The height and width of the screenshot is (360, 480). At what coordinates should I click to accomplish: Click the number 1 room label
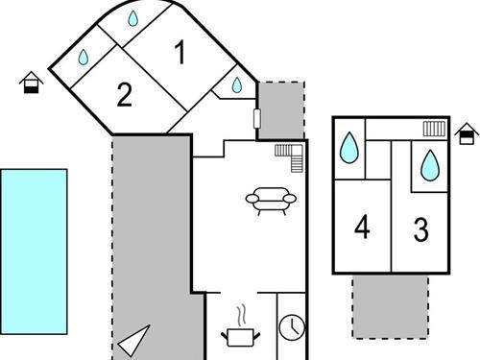180,54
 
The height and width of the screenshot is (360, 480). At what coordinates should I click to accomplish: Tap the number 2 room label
124,94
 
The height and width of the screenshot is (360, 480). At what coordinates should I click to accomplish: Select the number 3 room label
420,229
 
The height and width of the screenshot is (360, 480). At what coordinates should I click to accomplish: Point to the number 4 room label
362,228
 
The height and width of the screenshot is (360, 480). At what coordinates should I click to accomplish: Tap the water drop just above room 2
84,58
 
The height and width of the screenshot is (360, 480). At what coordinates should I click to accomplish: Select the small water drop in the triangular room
237,85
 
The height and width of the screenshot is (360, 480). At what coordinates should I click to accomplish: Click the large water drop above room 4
350,148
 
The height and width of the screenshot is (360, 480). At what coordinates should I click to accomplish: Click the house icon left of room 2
32,84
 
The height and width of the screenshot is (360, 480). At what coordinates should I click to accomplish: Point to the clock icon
291,327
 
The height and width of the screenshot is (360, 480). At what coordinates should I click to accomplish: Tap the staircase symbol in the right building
434,129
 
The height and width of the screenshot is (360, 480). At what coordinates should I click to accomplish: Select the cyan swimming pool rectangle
34,245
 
